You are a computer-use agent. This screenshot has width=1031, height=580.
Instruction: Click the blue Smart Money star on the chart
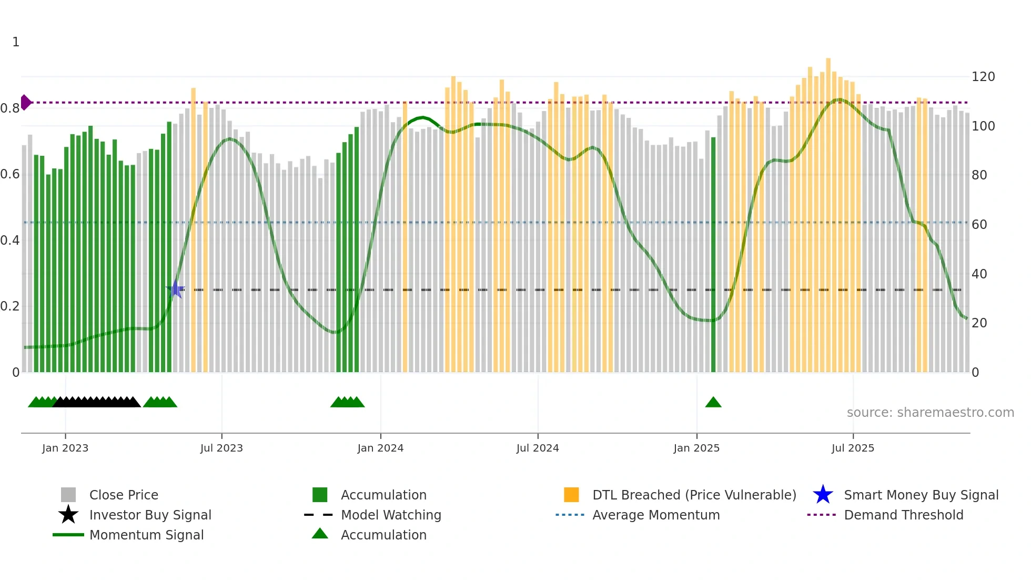pyautogui.click(x=176, y=289)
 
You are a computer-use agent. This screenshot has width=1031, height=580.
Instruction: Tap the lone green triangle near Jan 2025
pyautogui.click(x=713, y=403)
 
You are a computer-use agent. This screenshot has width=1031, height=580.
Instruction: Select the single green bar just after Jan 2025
pyautogui.click(x=713, y=253)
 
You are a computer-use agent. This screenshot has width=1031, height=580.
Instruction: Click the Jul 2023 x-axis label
pyautogui.click(x=221, y=448)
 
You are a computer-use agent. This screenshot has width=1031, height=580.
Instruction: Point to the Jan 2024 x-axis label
pyautogui.click(x=380, y=448)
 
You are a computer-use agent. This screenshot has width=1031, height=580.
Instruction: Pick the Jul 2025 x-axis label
pyautogui.click(x=853, y=448)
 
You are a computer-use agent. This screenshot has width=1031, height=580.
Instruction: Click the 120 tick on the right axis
pyautogui.click(x=983, y=77)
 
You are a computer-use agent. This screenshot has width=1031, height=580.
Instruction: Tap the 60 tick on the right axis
pyautogui.click(x=979, y=225)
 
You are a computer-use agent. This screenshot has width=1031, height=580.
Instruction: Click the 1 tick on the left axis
pyautogui.click(x=16, y=42)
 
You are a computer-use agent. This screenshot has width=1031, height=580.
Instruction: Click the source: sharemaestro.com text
pyautogui.click(x=930, y=413)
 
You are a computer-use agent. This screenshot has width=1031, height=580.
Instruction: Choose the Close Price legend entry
pyautogui.click(x=124, y=495)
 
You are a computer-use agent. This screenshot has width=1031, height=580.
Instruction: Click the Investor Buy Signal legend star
pyautogui.click(x=68, y=515)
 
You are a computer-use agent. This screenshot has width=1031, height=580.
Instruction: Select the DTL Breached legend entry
pyautogui.click(x=694, y=495)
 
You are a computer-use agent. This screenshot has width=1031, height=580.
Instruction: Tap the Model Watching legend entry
pyautogui.click(x=391, y=515)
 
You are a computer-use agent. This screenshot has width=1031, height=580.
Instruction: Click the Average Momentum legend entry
pyautogui.click(x=656, y=515)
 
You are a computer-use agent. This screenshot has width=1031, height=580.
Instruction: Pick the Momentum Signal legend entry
pyautogui.click(x=146, y=535)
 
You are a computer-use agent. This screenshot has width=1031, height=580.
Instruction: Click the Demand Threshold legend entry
pyautogui.click(x=903, y=515)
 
